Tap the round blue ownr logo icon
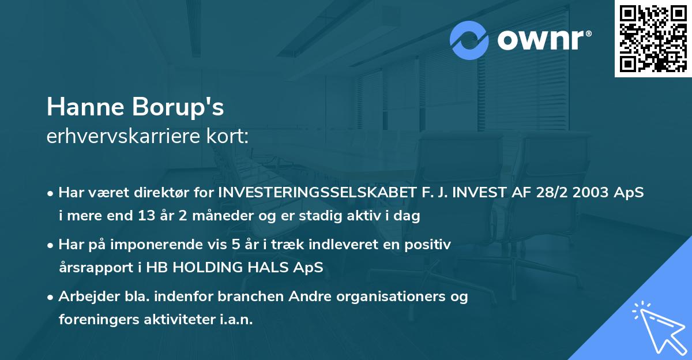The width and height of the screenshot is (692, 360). point(469,40)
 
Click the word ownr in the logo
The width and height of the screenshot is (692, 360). point(540,41)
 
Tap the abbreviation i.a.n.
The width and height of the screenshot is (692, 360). point(235,320)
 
